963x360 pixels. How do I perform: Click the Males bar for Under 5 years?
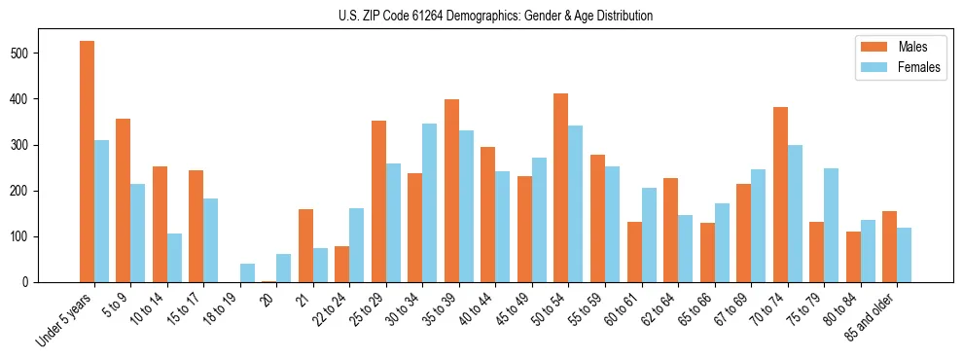tap(87, 162)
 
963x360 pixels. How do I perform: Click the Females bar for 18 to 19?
tap(247, 272)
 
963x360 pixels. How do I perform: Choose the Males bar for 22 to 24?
tap(342, 264)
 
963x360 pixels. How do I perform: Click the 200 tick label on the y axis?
tap(50, 191)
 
